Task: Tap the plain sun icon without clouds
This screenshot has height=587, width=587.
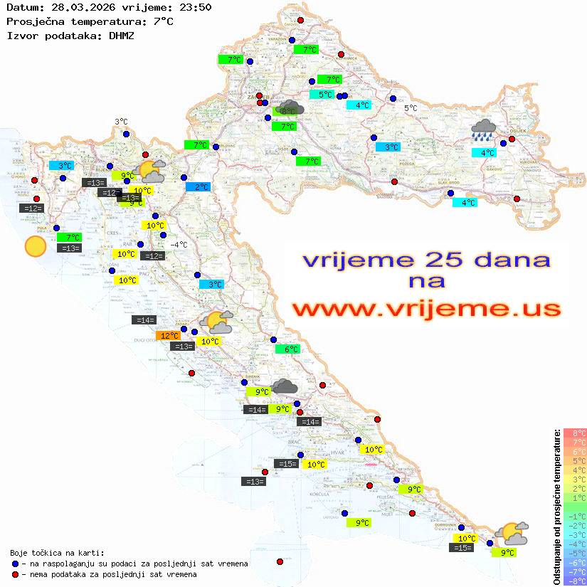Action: [35, 247]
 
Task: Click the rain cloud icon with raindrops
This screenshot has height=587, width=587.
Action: [484, 130]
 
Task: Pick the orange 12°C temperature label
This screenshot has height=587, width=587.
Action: [168, 335]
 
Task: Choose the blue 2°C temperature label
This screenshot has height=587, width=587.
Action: [198, 186]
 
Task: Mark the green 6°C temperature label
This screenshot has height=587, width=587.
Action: [288, 349]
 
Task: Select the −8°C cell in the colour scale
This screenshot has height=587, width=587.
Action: [575, 581]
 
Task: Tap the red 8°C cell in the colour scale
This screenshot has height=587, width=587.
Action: [575, 433]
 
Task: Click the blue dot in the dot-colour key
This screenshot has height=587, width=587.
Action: [15, 564]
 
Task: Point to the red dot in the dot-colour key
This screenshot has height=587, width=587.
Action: [15, 574]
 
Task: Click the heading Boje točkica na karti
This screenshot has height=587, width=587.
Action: [57, 552]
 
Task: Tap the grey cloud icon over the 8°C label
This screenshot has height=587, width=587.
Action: [291, 107]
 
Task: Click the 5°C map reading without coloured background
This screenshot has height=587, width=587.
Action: [411, 108]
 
